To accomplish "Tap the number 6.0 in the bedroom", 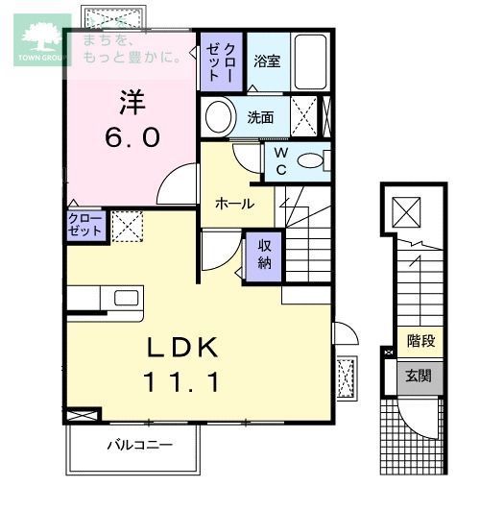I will (x=132, y=137).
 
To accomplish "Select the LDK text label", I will (x=185, y=348).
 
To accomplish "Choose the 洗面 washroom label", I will (x=260, y=118).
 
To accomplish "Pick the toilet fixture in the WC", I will (x=312, y=160).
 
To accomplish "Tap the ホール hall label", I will (x=234, y=204).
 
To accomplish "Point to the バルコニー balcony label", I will (x=138, y=446).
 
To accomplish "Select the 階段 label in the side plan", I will (x=420, y=342).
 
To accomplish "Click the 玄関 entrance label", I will (x=420, y=376).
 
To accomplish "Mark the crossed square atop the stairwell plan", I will (x=407, y=207).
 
